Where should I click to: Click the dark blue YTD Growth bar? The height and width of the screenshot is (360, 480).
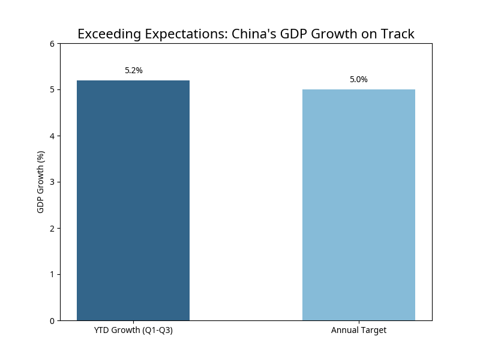[x=133, y=200]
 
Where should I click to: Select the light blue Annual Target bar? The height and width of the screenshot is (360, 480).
[x=359, y=205]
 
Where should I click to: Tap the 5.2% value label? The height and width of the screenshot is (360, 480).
[x=134, y=71]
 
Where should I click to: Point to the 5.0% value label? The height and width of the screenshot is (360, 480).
[x=359, y=80]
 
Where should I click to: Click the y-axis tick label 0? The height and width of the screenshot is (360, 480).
[x=52, y=320]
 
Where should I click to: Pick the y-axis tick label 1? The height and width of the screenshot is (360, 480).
[x=52, y=274]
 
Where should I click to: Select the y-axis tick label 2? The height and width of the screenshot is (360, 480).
[x=52, y=228]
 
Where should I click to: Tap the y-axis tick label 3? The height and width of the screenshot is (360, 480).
[x=52, y=182]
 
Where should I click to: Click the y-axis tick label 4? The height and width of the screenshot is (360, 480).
[x=52, y=136]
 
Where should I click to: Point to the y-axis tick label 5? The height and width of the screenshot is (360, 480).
[x=52, y=90]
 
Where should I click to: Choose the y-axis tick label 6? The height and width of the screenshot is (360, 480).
[x=52, y=44]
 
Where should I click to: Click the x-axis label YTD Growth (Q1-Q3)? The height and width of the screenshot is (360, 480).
[x=133, y=331]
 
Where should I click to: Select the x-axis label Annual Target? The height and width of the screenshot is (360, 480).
[x=359, y=331]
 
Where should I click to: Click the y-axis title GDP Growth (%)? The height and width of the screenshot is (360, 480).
[x=41, y=182]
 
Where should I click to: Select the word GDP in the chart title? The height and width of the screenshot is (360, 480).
[x=293, y=34]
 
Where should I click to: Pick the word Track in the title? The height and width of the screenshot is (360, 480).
[x=397, y=34]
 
